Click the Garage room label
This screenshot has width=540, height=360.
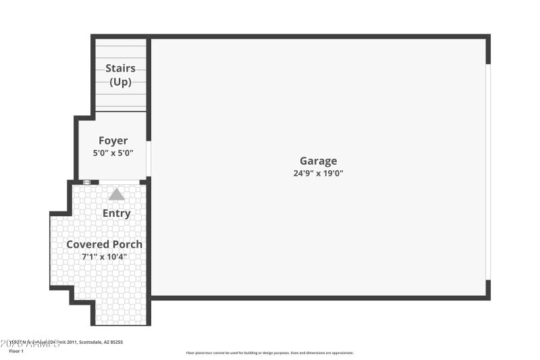coord(319,161)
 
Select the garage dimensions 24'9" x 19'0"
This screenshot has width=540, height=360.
coord(319,173)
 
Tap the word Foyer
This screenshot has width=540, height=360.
coord(113,141)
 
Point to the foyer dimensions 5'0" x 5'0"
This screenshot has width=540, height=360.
coord(113,153)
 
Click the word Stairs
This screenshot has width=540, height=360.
coord(120,68)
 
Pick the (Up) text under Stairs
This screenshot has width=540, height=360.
coord(120,82)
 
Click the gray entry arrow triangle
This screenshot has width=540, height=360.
coord(117,195)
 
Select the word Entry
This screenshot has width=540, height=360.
coord(116,213)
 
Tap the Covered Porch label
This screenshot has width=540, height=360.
coord(104,244)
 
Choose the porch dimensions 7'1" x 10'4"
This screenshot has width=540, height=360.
coord(104,257)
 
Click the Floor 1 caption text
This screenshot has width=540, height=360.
coord(16,351)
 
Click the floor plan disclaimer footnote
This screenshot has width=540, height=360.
coord(270,353)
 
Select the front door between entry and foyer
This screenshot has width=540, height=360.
coord(119,182)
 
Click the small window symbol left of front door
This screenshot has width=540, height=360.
coord(86,182)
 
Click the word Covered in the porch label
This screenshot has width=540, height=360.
coord(87,244)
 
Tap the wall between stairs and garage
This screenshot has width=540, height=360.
coord(148,74)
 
